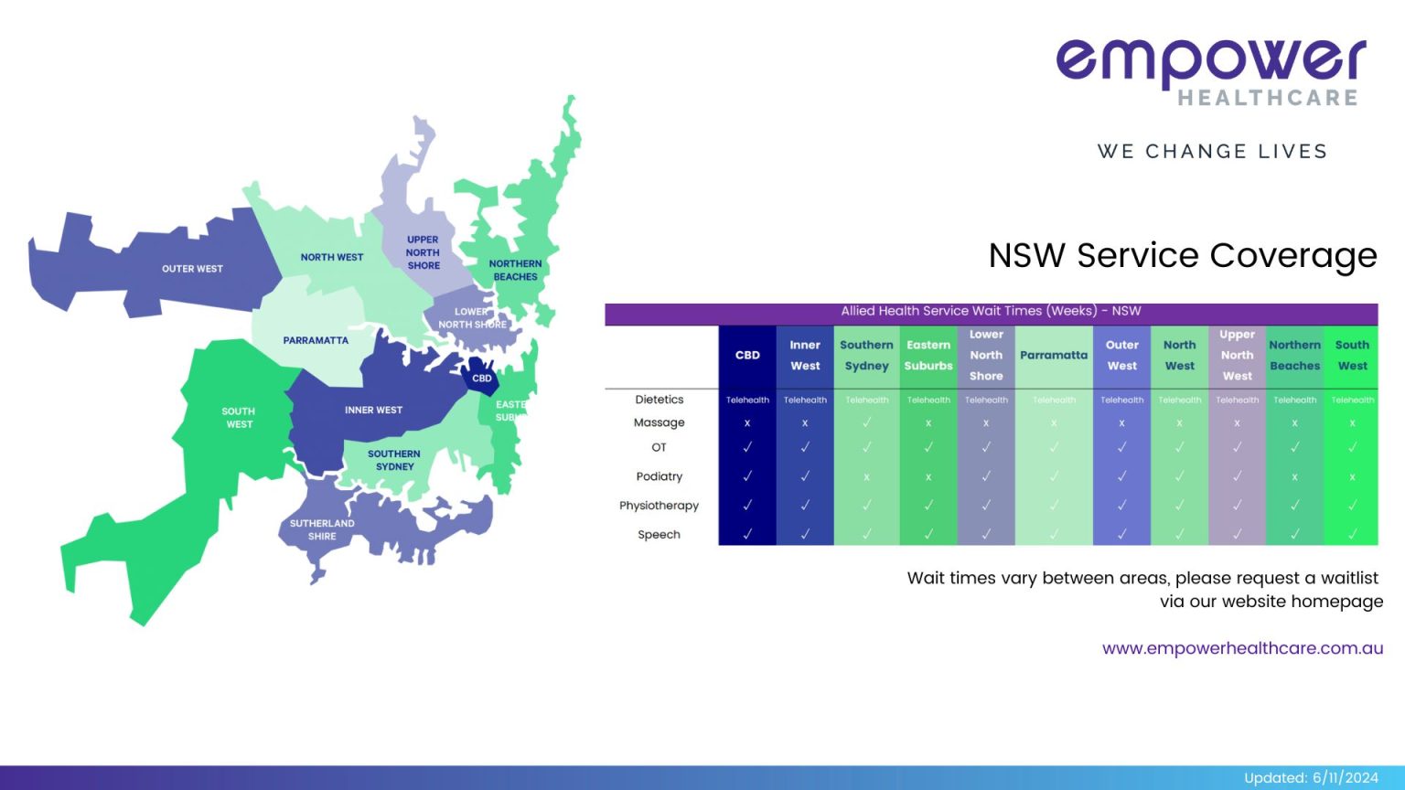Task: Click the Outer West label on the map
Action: click(x=192, y=269)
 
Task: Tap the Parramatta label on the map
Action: click(x=316, y=340)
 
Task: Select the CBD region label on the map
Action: click(x=482, y=378)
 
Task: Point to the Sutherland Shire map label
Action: click(x=322, y=529)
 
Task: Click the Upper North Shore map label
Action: click(x=423, y=252)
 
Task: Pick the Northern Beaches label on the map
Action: click(x=515, y=270)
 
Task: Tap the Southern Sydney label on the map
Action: click(x=394, y=460)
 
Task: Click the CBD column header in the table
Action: click(x=747, y=355)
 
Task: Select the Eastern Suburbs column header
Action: click(x=928, y=355)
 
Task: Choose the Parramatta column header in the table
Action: click(x=1054, y=355)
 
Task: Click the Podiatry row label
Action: click(x=660, y=476)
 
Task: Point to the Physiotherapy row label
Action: click(x=659, y=506)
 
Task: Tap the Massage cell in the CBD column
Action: click(x=747, y=423)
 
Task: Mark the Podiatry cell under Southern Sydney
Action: click(x=866, y=477)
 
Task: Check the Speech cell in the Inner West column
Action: click(x=805, y=534)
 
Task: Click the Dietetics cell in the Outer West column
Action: click(x=1121, y=400)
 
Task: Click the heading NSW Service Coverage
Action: click(x=1183, y=255)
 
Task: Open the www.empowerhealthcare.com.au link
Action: click(x=1242, y=648)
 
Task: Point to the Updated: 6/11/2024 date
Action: click(x=1311, y=777)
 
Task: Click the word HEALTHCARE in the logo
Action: click(x=1267, y=98)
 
